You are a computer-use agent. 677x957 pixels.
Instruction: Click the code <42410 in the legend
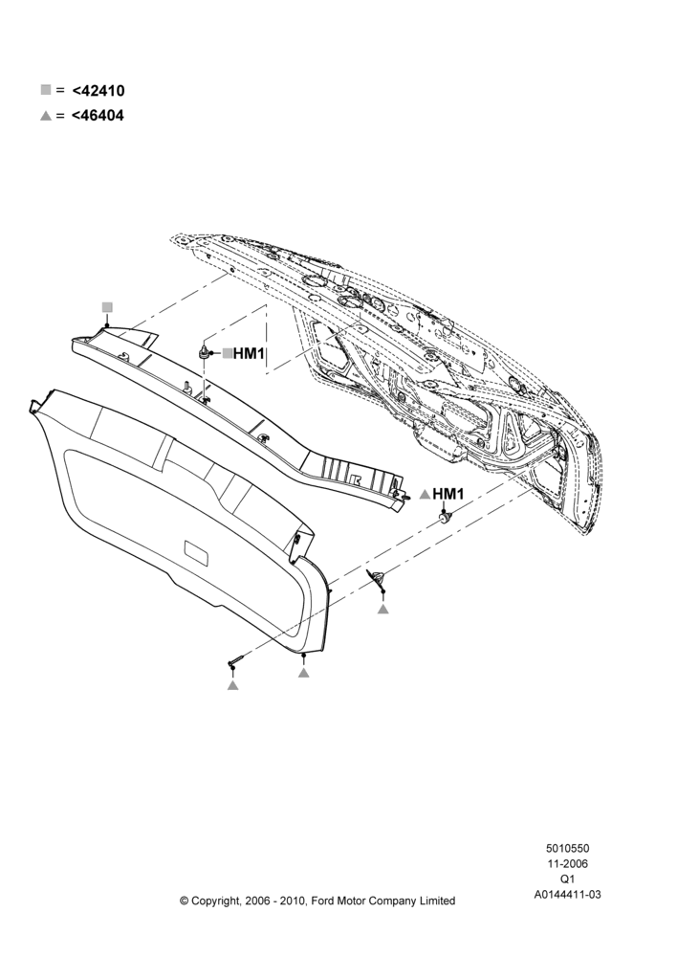(98, 90)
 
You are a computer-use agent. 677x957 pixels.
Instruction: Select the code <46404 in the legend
(98, 115)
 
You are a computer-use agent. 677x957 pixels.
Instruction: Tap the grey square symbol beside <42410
(46, 90)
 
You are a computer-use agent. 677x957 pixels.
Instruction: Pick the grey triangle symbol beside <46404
(46, 116)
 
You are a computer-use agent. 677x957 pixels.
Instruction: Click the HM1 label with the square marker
(249, 353)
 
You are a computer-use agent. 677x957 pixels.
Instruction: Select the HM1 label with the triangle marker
(448, 494)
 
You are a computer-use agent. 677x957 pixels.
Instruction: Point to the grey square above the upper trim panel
(107, 307)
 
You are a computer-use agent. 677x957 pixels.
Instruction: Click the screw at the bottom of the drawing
(236, 660)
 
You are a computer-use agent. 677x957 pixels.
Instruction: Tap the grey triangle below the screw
(232, 685)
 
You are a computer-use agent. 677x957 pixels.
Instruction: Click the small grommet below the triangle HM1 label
(446, 518)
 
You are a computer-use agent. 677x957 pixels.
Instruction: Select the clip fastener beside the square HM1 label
(204, 351)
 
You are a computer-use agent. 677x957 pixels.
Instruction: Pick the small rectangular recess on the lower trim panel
(196, 551)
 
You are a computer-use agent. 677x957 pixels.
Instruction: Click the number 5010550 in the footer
(567, 848)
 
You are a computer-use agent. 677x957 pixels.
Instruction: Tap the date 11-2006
(567, 863)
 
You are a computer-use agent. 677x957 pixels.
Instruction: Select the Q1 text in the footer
(567, 879)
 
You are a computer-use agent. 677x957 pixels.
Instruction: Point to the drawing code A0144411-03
(567, 895)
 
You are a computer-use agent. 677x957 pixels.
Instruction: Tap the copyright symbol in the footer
(185, 901)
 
